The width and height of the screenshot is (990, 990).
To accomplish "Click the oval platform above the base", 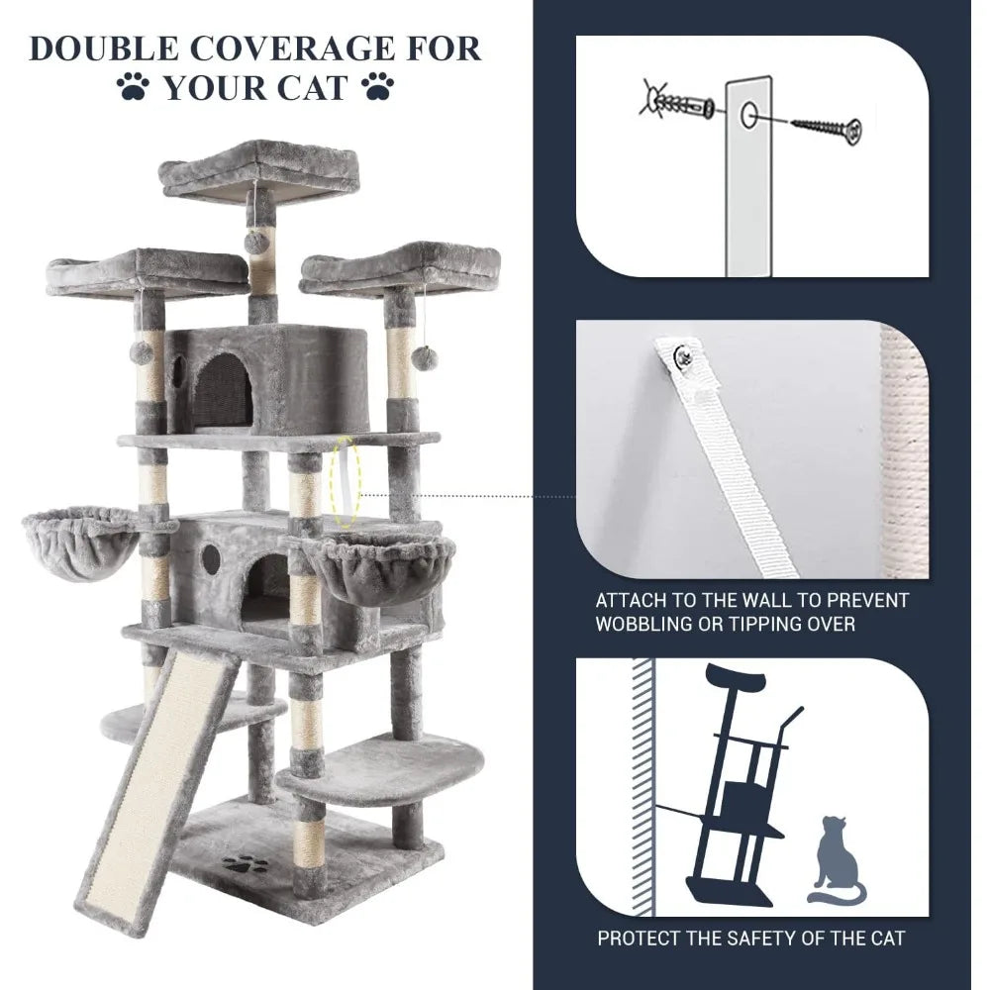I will (386, 767).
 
